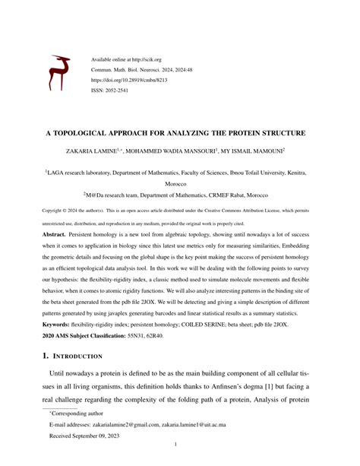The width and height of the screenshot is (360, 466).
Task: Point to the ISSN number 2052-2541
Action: click(118, 88)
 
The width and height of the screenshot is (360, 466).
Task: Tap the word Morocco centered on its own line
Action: click(179, 184)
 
